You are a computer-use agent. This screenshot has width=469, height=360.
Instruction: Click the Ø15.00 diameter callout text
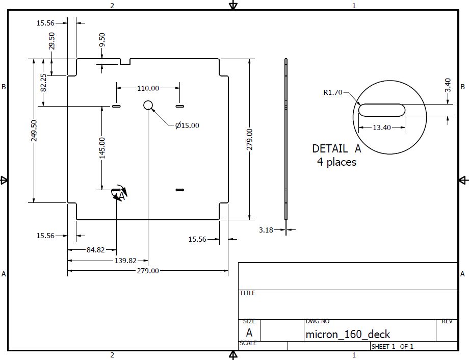pyautogui.click(x=187, y=125)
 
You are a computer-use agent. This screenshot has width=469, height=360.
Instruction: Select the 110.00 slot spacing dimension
pyautogui.click(x=148, y=88)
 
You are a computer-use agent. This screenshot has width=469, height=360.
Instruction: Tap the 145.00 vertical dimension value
pyautogui.click(x=102, y=148)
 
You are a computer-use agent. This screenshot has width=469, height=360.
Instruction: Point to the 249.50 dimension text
pyautogui.click(x=34, y=131)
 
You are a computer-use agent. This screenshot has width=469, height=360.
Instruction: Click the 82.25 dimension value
pyautogui.click(x=43, y=83)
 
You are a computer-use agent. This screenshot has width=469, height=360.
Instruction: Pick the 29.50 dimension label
pyautogui.click(x=51, y=41)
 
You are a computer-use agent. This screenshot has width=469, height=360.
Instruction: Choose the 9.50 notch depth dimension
pyautogui.click(x=102, y=40)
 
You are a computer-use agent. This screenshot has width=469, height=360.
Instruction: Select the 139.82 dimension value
pyautogui.click(x=125, y=260)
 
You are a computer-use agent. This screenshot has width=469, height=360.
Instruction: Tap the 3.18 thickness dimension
pyautogui.click(x=266, y=230)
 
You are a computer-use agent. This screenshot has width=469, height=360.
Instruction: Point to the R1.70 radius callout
pyautogui.click(x=333, y=93)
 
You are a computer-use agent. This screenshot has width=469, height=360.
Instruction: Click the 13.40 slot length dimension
pyautogui.click(x=381, y=127)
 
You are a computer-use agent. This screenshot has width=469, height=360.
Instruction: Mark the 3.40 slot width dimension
pyautogui.click(x=448, y=85)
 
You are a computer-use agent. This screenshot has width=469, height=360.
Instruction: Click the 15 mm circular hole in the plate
pyautogui.click(x=148, y=106)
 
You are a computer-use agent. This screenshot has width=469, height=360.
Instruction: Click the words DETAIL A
pyautogui.click(x=336, y=149)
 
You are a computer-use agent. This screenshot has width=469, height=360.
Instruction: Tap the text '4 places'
pyautogui.click(x=336, y=162)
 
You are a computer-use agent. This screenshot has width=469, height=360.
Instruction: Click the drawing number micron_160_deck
pyautogui.click(x=348, y=334)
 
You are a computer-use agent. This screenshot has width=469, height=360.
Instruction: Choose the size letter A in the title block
pyautogui.click(x=249, y=333)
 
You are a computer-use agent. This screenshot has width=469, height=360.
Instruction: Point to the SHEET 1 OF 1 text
pyautogui.click(x=392, y=347)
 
